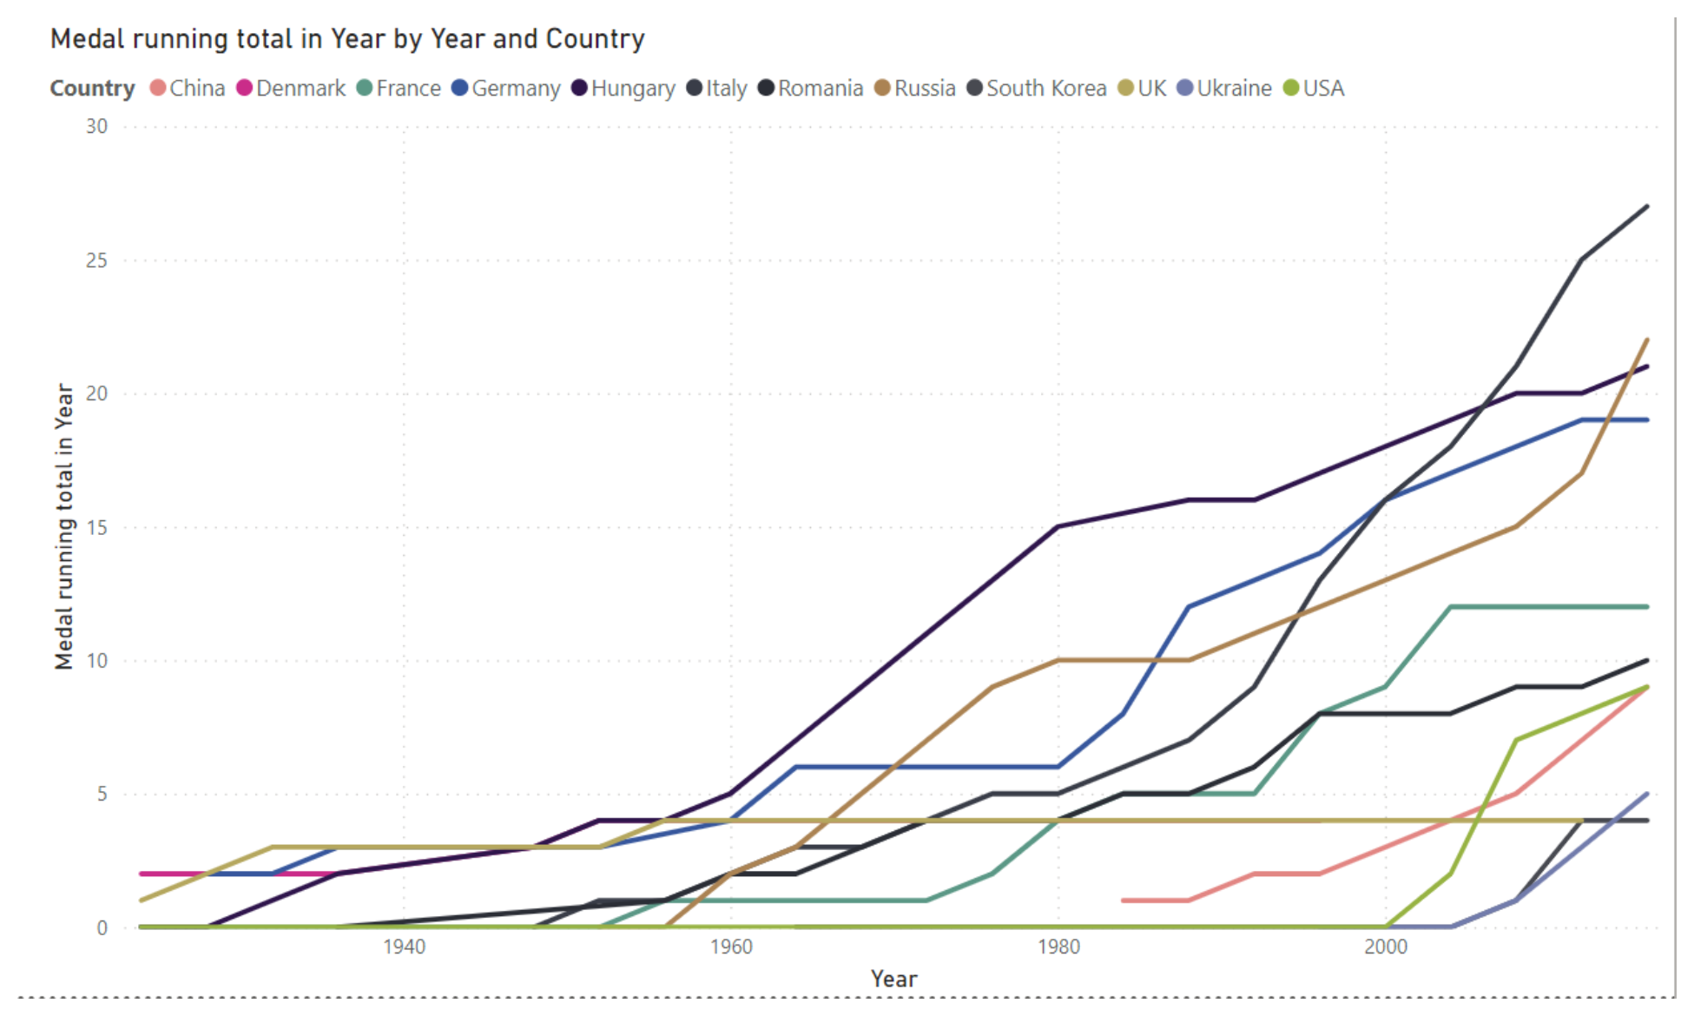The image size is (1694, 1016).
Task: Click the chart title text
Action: (x=347, y=39)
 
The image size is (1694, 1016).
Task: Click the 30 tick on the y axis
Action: (x=96, y=127)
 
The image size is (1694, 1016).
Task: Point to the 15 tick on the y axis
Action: (x=96, y=527)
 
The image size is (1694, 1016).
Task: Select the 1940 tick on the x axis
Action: (x=404, y=947)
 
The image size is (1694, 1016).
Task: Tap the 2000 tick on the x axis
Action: (x=1385, y=947)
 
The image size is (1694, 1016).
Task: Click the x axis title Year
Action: (x=893, y=980)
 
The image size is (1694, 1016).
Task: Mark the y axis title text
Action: (x=64, y=526)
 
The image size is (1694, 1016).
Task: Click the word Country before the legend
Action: (x=92, y=89)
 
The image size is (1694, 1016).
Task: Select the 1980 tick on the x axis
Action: (x=1058, y=947)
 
